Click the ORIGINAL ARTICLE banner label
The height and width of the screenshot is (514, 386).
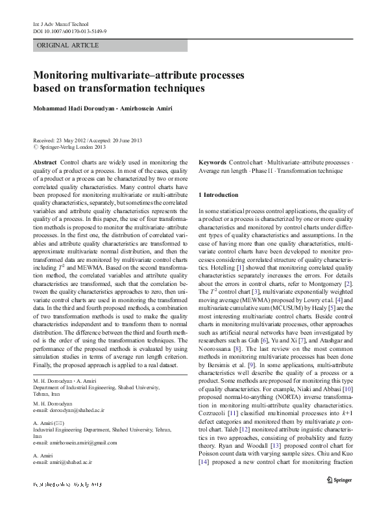(68, 45)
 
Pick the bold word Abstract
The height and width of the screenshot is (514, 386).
(44, 161)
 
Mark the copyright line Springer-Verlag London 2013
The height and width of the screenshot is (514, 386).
(69, 147)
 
